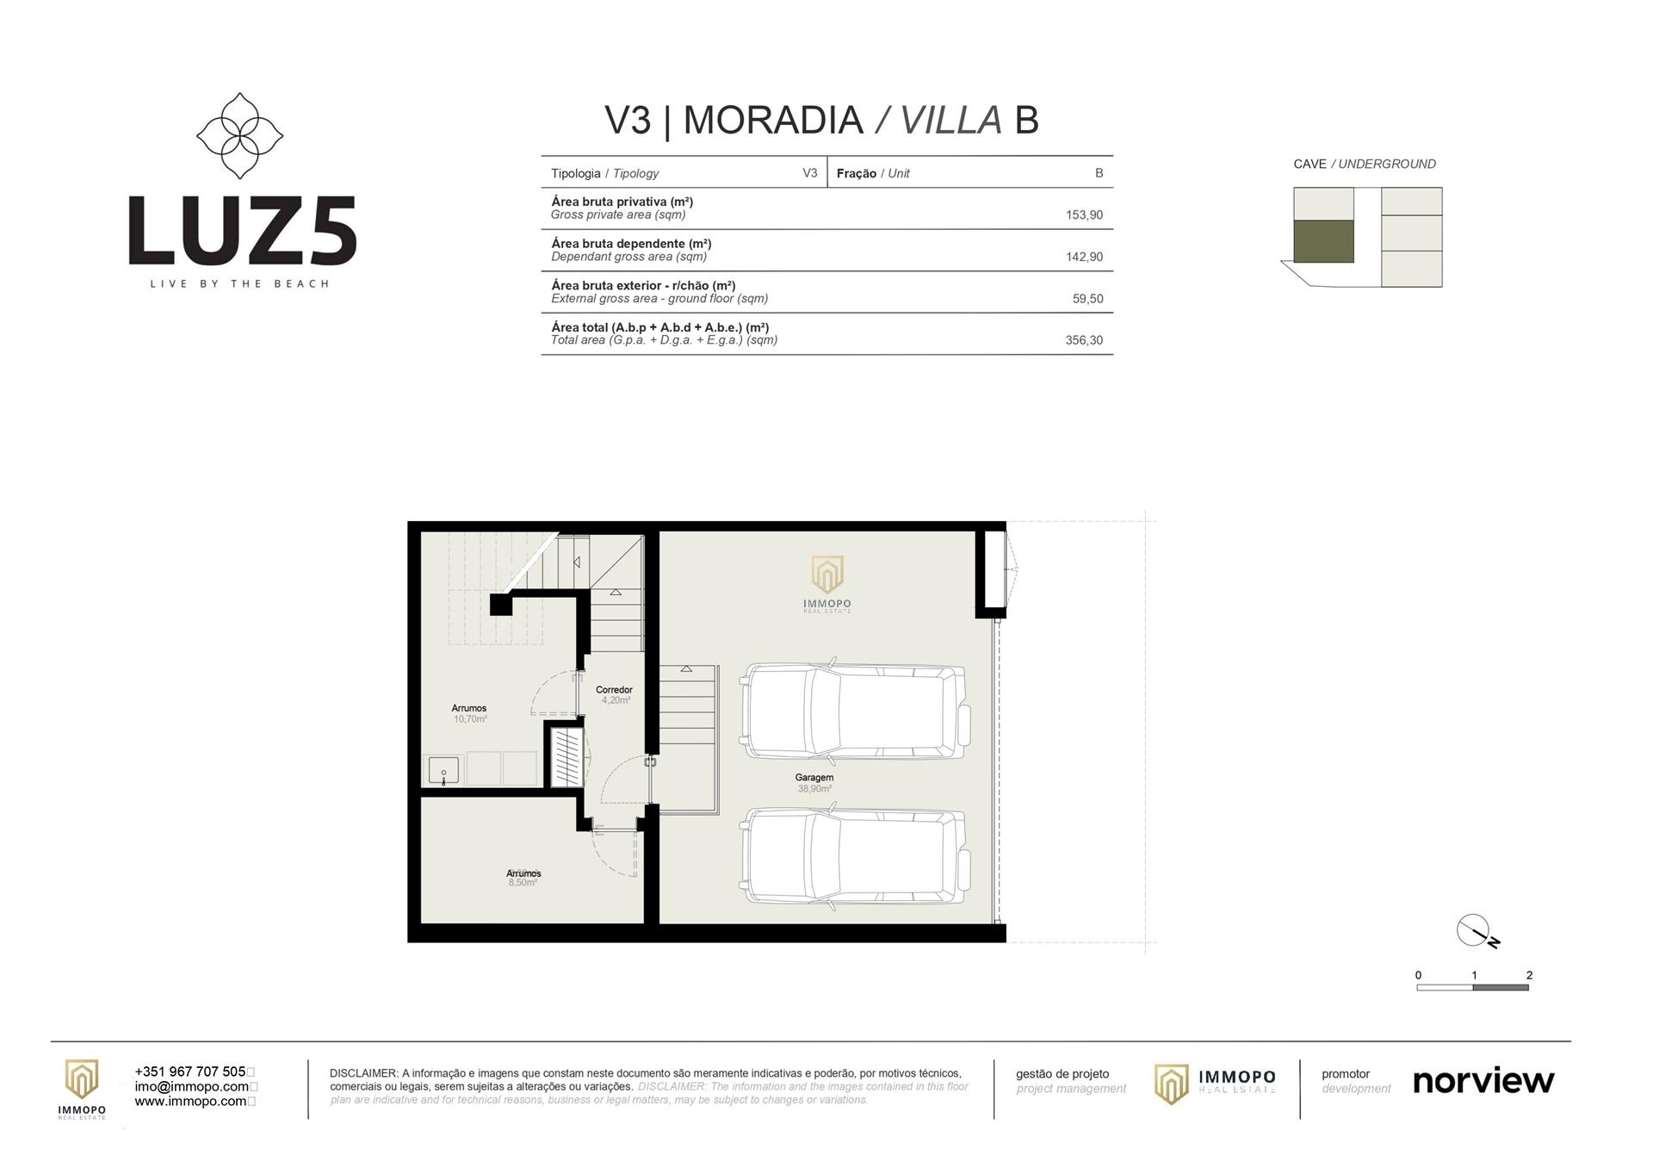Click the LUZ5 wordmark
242,231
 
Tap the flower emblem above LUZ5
240,136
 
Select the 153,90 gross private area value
1084,215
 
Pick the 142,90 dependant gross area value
1084,257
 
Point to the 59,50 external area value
1087,299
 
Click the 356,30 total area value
1084,340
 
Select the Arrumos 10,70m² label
469,713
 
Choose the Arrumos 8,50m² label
523,878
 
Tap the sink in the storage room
443,770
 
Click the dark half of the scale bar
1501,987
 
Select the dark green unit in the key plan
1323,241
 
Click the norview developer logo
1483,1080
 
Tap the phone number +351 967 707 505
190,1072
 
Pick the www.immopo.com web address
191,1101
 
